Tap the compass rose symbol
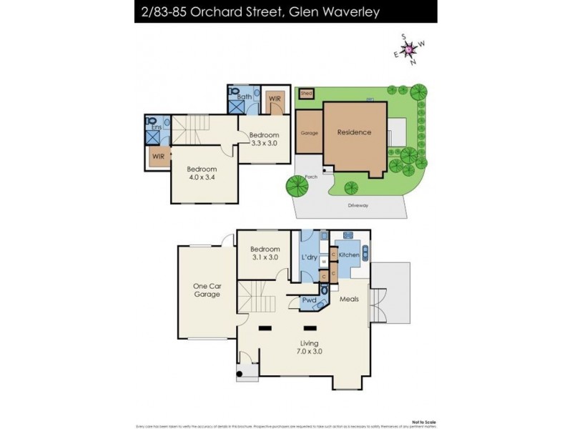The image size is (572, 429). click(410, 49)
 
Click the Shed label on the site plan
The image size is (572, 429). click(306, 93)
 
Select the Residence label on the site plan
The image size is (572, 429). click(354, 132)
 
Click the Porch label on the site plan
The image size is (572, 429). click(311, 177)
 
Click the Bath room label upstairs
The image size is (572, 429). click(245, 96)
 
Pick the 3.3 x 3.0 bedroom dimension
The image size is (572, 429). click(264, 143)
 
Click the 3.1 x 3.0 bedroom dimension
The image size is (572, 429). click(265, 257)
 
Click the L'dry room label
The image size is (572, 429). click(310, 257)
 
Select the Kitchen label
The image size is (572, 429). click(349, 255)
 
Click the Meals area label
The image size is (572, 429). click(350, 300)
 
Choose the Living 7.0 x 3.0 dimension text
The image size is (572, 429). click(308, 350)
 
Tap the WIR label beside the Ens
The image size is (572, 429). click(157, 154)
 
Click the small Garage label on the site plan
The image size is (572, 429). click(309, 133)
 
